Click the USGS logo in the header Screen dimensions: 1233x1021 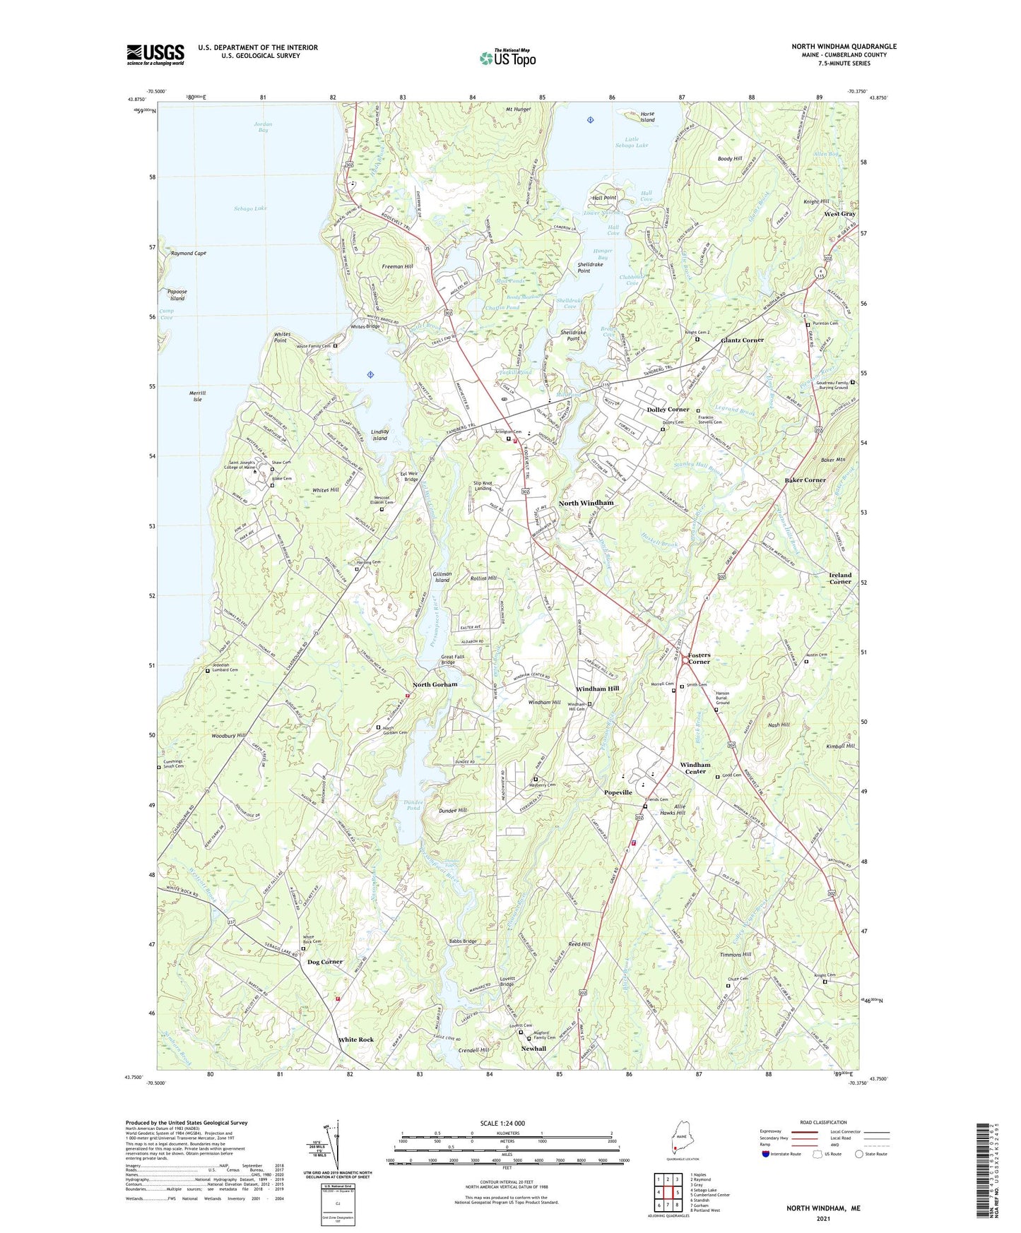tap(155, 54)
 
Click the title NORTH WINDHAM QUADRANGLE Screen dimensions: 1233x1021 tap(844, 47)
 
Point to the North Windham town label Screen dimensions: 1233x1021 tap(586, 503)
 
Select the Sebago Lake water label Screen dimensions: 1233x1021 tap(250, 208)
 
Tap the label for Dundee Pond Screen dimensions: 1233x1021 tap(413, 804)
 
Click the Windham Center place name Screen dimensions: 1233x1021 tap(695, 768)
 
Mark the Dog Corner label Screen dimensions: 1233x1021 tap(325, 962)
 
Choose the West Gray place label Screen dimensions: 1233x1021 tap(839, 213)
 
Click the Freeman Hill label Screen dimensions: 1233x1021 tap(397, 266)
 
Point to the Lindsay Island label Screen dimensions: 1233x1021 tap(380, 434)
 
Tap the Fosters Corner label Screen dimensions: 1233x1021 tap(699, 658)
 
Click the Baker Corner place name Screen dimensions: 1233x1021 tap(805, 480)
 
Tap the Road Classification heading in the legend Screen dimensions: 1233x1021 tap(823, 1122)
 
